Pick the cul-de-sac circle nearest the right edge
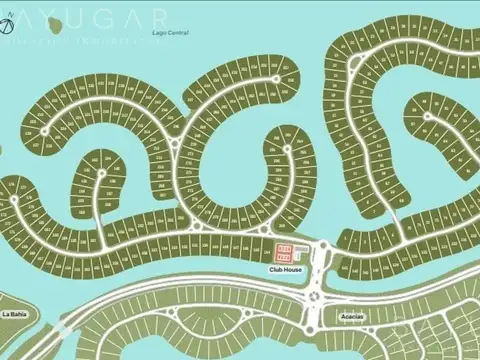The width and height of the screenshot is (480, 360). (427, 116)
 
